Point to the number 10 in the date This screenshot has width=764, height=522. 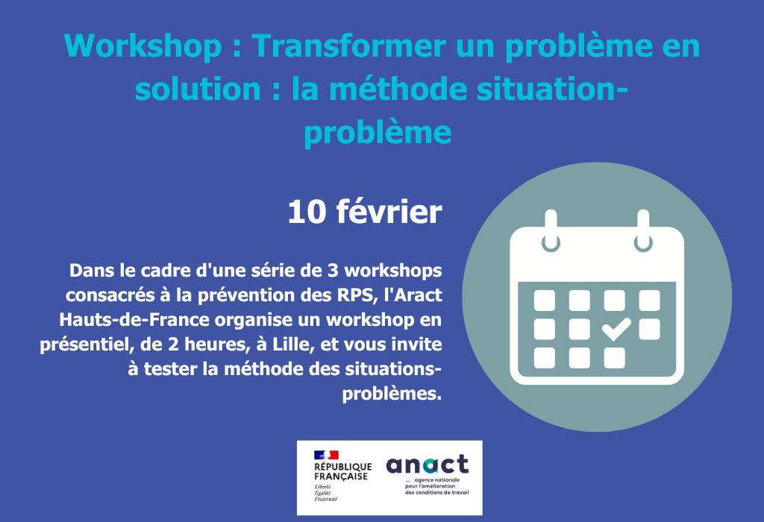point(307,212)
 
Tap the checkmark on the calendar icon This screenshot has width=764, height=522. point(616,327)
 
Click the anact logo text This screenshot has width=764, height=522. point(428,465)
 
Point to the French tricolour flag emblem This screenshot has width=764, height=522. point(326,455)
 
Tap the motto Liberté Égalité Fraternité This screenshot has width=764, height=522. point(326,492)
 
